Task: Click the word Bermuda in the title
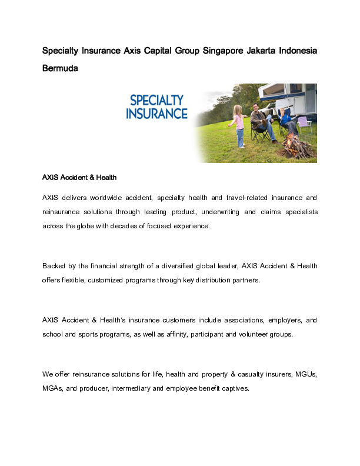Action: coord(60,68)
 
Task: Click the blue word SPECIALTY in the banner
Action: coord(156,100)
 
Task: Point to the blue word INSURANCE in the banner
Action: coord(156,113)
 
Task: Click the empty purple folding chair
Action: coord(304,124)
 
